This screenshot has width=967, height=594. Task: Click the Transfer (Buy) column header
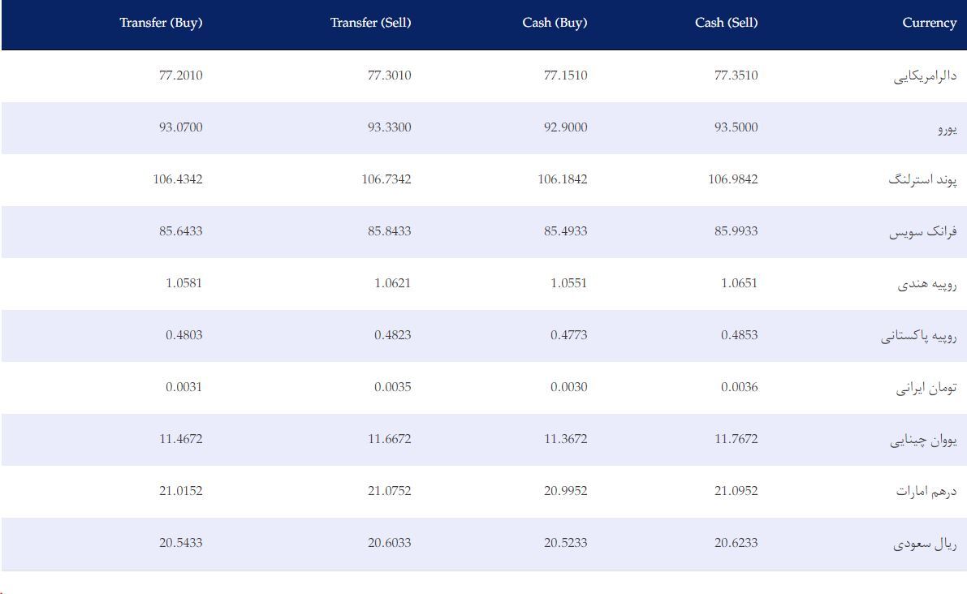pos(161,23)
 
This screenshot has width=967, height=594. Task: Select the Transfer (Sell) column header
pos(370,23)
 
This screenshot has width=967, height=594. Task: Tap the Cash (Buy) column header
pos(555,23)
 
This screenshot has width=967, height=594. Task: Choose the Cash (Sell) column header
pos(727,23)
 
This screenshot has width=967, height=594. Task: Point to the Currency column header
pos(930,23)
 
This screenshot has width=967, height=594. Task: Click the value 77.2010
pos(181,75)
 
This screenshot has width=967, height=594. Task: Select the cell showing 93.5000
pos(736,127)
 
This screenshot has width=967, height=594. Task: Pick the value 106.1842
pos(563,179)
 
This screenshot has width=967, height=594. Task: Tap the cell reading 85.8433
pos(390,231)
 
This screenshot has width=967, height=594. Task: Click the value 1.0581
pos(183,283)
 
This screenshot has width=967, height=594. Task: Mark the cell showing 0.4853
pos(740,335)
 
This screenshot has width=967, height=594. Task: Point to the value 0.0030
pos(569,387)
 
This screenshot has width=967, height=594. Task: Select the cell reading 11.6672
pos(390,439)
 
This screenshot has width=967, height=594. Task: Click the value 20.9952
pos(566,491)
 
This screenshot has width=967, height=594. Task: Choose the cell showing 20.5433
pos(181,543)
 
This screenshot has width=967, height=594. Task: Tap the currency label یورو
pos(948,128)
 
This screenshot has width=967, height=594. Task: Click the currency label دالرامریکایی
pos(925,76)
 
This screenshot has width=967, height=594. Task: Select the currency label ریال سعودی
pos(925,544)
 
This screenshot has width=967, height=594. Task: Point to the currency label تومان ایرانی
pos(926,388)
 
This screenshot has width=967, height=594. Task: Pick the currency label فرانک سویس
pos(923,232)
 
